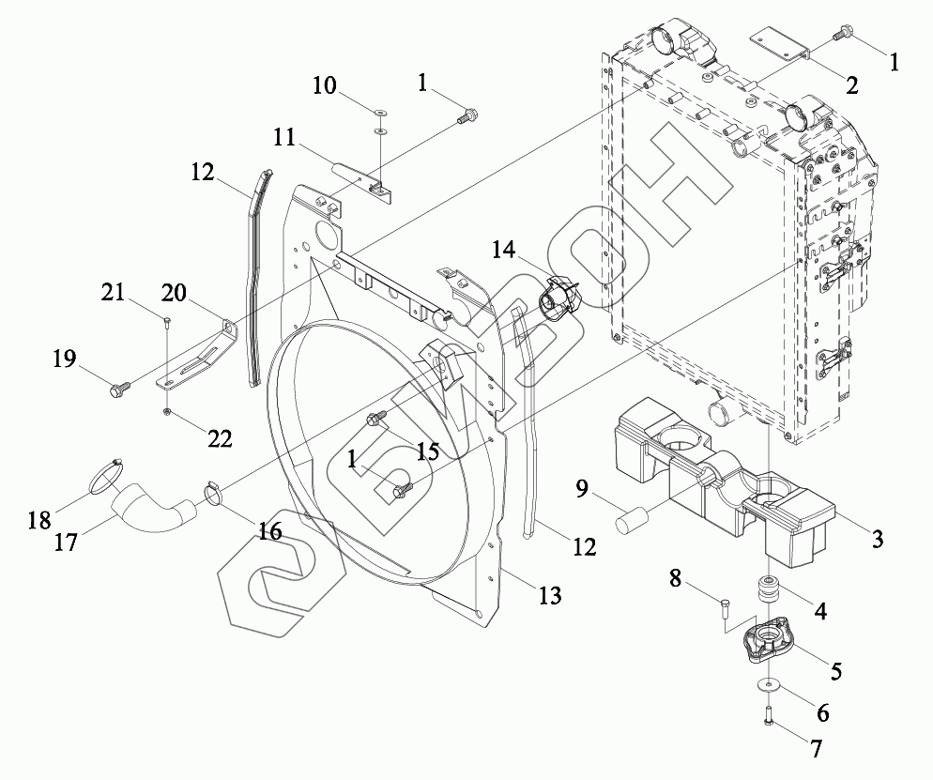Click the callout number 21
[x=113, y=292]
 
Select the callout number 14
[x=503, y=250]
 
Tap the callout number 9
[x=582, y=488]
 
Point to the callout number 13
[x=549, y=594]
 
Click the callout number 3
[x=878, y=539]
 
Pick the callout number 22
[x=220, y=439]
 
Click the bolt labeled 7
[x=768, y=715]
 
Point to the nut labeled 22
[x=168, y=412]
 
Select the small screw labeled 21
[x=167, y=324]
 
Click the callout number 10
[x=325, y=86]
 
